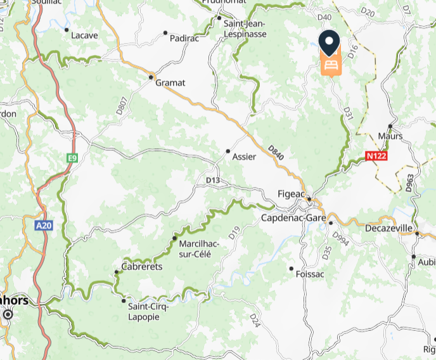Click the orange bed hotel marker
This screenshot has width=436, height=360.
(330, 65)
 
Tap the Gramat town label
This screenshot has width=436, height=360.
(171, 82)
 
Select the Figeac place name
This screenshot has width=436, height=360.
(292, 194)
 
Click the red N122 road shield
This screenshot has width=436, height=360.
(376, 155)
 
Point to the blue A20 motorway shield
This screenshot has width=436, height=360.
(44, 225)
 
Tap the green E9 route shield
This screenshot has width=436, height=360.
(73, 158)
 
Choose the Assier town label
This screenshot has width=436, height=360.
(244, 156)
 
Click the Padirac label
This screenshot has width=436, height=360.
(184, 39)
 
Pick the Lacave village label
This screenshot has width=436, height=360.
(84, 35)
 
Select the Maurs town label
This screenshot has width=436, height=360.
(390, 136)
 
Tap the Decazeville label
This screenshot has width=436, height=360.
(389, 228)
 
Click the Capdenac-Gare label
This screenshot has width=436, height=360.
(293, 218)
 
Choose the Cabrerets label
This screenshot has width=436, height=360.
(142, 267)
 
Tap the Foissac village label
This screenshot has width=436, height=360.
(310, 274)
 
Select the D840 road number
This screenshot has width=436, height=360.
(274, 153)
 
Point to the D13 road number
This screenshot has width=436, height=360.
(213, 181)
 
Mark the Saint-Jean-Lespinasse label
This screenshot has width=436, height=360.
(244, 30)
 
